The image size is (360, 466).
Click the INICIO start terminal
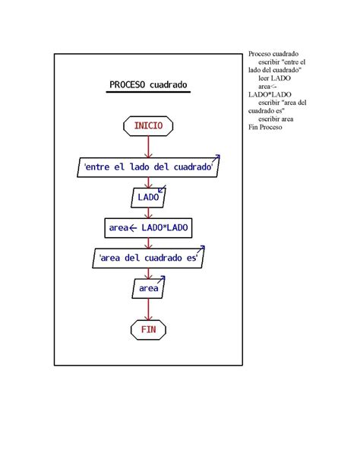coord(148,126)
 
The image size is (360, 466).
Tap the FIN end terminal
coord(148,330)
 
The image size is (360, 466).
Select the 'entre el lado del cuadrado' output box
coord(148,167)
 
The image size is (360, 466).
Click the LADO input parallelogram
coord(148,198)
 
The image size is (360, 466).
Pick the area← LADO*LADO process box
coord(148,228)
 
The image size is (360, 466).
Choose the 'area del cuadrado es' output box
coord(148,258)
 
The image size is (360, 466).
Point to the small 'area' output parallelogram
coord(148,288)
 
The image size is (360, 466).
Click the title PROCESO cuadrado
coord(148,84)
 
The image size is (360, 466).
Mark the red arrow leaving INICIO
coord(148,147)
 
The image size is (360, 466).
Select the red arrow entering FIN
coord(148,309)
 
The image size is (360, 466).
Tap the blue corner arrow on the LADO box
coord(162,189)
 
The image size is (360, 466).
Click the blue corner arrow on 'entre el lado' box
coord(216,158)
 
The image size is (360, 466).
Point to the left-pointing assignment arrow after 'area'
coord(133,228)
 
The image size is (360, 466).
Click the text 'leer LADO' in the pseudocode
coord(274,78)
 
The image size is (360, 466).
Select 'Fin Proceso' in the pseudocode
coord(265,127)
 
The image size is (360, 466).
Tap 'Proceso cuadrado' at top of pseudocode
coord(273,54)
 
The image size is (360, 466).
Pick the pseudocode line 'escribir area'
coord(276,119)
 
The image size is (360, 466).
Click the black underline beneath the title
coord(148,92)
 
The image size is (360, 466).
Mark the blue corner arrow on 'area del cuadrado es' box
coord(201,249)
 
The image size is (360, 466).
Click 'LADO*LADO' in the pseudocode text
coord(270,94)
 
